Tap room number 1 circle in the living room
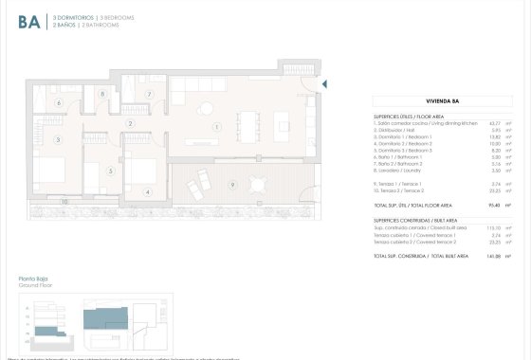(217, 126)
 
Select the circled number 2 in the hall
(130, 123)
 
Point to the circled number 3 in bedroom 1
(59, 140)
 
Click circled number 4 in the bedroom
(147, 192)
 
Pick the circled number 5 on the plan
(111, 171)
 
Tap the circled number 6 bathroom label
(59, 102)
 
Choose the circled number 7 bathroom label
(149, 95)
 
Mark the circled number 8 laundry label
(102, 94)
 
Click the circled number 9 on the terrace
(232, 184)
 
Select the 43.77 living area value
(493, 123)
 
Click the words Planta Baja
(34, 279)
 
